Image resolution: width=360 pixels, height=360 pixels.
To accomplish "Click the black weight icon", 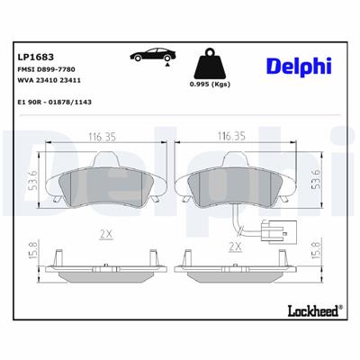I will (x=211, y=65).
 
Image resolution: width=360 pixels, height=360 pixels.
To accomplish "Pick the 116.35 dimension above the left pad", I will (x=105, y=137).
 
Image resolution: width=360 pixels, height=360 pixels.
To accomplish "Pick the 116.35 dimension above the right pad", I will (x=233, y=137).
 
